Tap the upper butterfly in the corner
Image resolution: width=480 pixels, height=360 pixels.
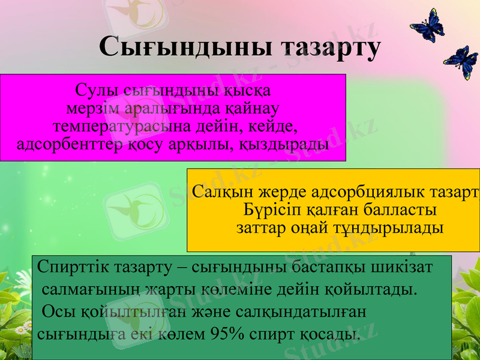428,27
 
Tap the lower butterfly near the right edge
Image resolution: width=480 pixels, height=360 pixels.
461,62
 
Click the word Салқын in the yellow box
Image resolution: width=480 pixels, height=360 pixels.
224,193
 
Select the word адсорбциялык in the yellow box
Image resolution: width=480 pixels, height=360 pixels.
344,193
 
